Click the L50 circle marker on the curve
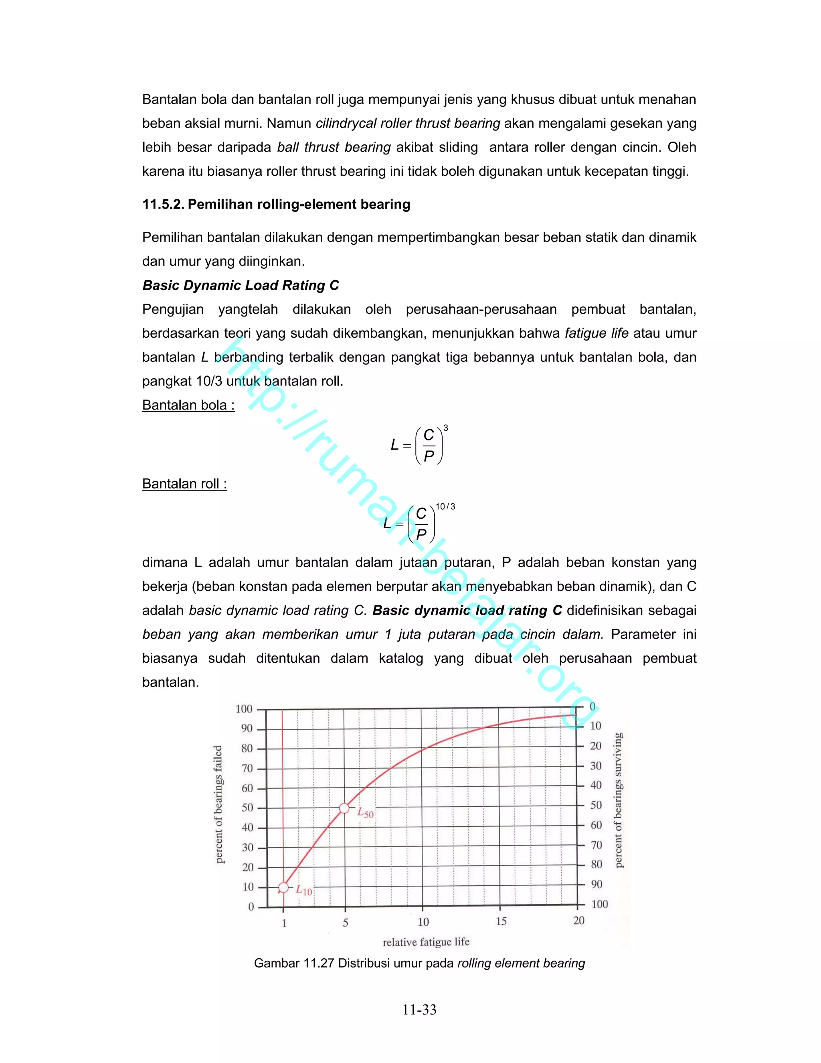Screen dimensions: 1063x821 click(x=344, y=808)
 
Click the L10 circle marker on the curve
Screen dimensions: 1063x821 click(x=283, y=888)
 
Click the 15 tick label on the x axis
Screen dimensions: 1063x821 click(x=501, y=921)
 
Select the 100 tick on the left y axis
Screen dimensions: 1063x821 click(x=244, y=709)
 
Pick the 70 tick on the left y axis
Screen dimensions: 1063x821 click(x=247, y=768)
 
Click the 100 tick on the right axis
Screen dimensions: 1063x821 click(x=599, y=904)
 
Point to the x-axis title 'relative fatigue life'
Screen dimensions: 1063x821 click(x=426, y=942)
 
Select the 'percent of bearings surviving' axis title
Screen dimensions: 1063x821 click(x=618, y=800)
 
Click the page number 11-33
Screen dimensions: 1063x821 click(x=419, y=1010)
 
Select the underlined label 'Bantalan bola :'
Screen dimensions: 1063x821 click(x=188, y=405)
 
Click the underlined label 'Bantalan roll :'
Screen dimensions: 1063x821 click(x=184, y=484)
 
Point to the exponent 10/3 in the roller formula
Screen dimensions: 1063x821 click(x=445, y=507)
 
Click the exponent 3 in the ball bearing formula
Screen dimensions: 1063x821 click(x=445, y=428)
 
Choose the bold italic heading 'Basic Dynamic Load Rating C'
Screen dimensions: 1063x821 click(x=240, y=285)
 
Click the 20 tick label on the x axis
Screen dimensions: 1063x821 click(x=578, y=920)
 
